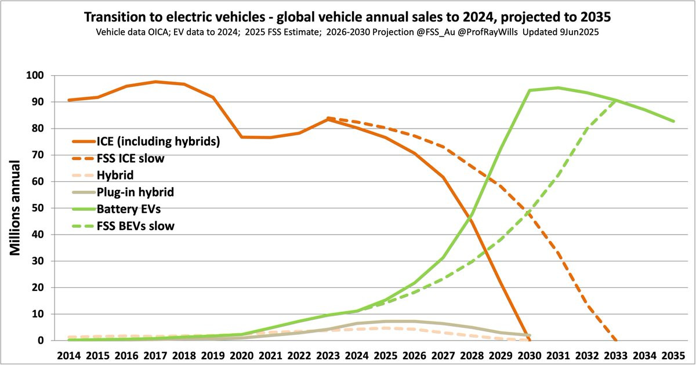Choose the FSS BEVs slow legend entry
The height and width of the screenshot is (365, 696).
(137, 226)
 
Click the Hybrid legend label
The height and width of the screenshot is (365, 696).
(117, 176)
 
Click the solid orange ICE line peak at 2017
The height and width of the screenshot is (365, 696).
(155, 82)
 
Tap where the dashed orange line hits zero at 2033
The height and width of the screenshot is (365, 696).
(616, 341)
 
